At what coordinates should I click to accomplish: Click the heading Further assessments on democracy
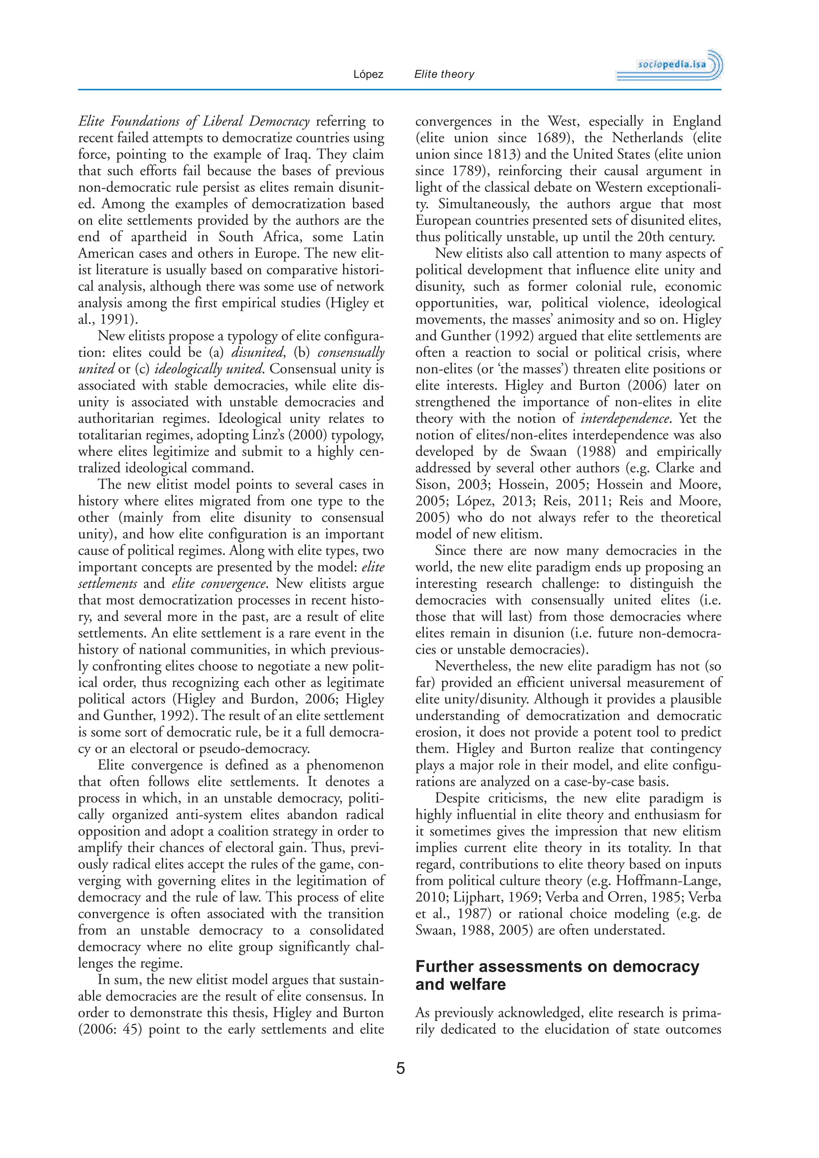(557, 966)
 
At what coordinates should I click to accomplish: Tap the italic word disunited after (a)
(257, 353)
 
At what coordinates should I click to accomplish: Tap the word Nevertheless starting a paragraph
(472, 666)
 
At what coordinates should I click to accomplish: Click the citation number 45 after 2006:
(131, 1029)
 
